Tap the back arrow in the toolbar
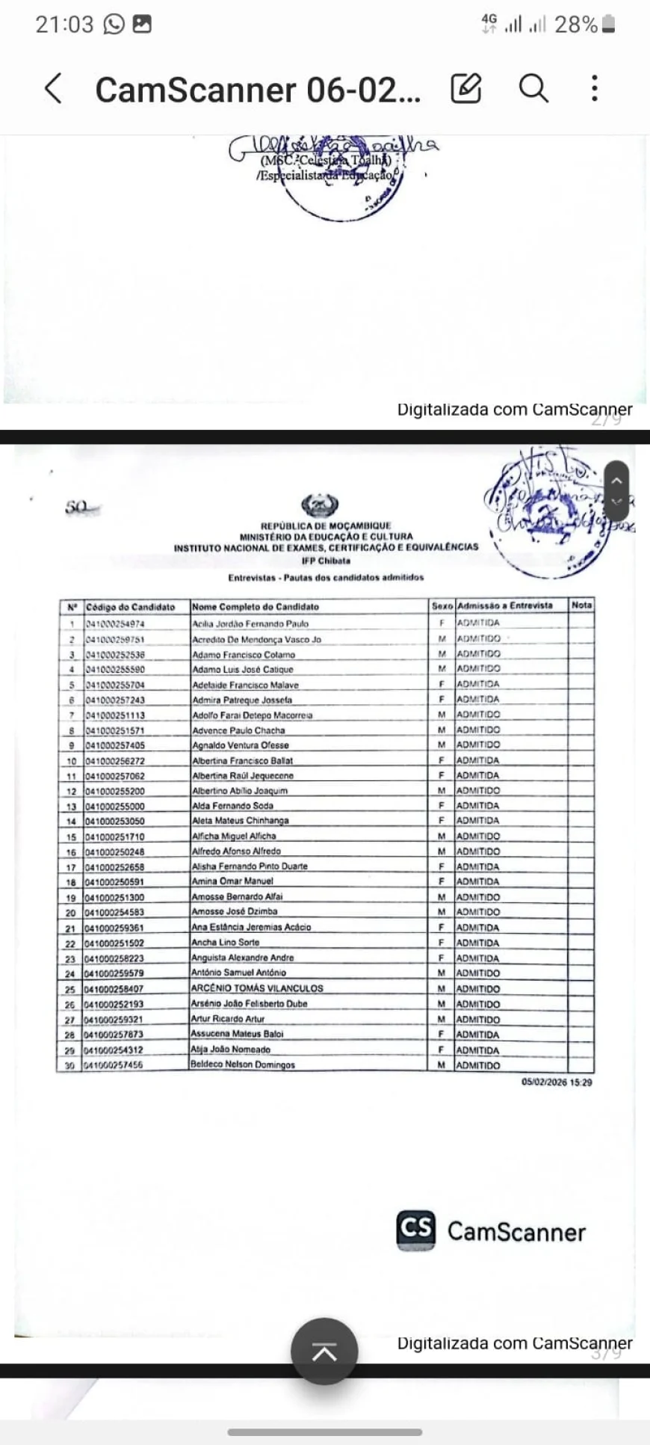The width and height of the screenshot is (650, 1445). point(53,89)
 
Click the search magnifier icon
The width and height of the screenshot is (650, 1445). point(533,88)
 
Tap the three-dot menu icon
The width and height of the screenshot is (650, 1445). point(594,88)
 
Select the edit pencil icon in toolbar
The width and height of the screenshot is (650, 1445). point(466,88)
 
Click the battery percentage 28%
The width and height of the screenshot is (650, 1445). point(575,25)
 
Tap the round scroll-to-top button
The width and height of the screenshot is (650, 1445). point(324,1351)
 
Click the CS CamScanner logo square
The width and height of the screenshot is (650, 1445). point(416,1230)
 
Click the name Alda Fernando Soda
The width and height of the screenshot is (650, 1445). point(232,806)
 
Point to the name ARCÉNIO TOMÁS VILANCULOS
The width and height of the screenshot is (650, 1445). point(257,988)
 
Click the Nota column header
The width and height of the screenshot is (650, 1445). point(581,606)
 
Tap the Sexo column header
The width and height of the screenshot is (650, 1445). point(442,606)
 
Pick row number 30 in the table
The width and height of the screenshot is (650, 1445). point(70,1065)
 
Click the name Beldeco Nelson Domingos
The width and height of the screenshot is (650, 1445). point(243,1065)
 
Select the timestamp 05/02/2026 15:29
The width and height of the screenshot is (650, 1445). point(557,1082)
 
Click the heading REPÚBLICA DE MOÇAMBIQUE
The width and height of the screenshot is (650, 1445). point(326,526)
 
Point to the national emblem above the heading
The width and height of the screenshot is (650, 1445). point(319,506)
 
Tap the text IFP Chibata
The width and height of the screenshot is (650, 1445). point(326,561)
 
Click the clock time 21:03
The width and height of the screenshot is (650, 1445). point(64,25)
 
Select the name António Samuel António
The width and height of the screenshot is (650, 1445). point(238,973)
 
